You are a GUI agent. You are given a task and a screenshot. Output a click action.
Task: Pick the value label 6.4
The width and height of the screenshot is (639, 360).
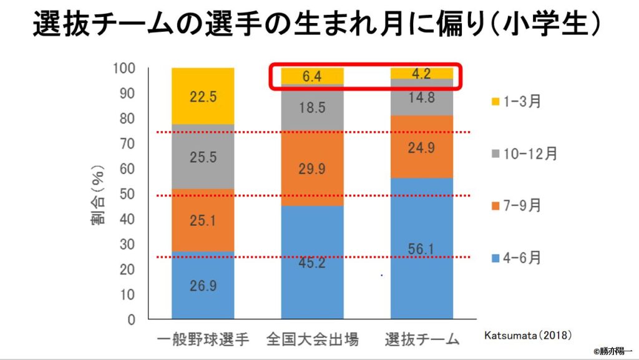pyautogui.click(x=312, y=77)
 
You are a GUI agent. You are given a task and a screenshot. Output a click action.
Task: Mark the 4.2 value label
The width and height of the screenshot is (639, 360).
pyautogui.click(x=421, y=73)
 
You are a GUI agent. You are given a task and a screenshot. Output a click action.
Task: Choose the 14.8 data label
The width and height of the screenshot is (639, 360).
pyautogui.click(x=421, y=98)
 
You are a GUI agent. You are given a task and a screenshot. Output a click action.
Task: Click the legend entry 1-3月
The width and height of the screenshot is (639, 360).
pyautogui.click(x=515, y=102)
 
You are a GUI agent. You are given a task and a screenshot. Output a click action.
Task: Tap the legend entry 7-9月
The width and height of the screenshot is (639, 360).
pyautogui.click(x=515, y=206)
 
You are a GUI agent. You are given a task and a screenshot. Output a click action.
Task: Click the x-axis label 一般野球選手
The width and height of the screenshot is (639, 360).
pyautogui.click(x=202, y=340)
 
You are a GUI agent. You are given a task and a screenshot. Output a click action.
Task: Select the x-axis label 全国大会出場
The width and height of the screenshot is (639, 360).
pyautogui.click(x=312, y=340)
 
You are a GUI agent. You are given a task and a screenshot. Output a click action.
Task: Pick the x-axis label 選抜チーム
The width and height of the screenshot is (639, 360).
pyautogui.click(x=421, y=340)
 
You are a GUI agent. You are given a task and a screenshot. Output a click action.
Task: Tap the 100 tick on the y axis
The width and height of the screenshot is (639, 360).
pyautogui.click(x=124, y=67)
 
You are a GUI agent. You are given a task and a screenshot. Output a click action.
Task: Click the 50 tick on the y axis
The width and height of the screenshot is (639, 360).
pyautogui.click(x=127, y=194)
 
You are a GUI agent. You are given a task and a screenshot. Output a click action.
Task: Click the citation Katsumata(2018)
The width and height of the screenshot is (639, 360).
pyautogui.click(x=528, y=335)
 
